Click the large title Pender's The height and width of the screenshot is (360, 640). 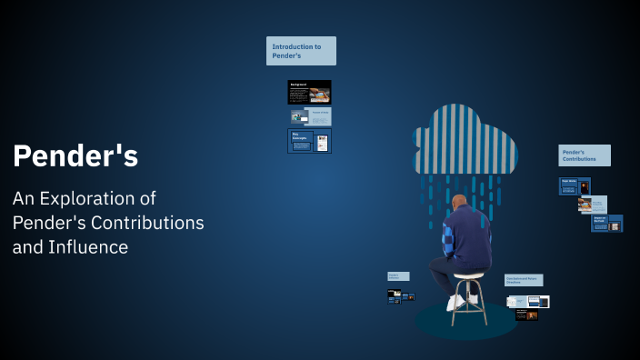tap(75, 156)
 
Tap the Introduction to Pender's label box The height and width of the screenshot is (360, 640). tap(301, 51)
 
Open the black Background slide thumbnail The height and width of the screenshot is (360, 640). tap(309, 92)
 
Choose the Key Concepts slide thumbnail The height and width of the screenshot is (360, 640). tap(309, 141)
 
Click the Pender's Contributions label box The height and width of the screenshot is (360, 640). tap(584, 155)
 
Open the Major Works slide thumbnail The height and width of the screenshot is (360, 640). tap(574, 186)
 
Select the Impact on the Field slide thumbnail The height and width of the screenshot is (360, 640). tap(606, 223)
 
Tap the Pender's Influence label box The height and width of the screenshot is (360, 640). tap(398, 276)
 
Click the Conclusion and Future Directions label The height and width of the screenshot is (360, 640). tap(524, 281)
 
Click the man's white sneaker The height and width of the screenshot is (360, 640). tap(455, 303)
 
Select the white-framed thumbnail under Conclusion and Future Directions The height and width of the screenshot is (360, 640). tap(528, 301)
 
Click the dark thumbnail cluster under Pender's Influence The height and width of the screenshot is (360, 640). tap(400, 295)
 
